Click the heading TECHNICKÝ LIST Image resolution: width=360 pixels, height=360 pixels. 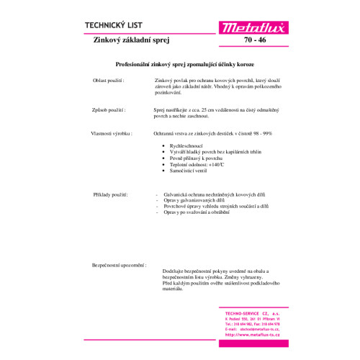tap(114, 24)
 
